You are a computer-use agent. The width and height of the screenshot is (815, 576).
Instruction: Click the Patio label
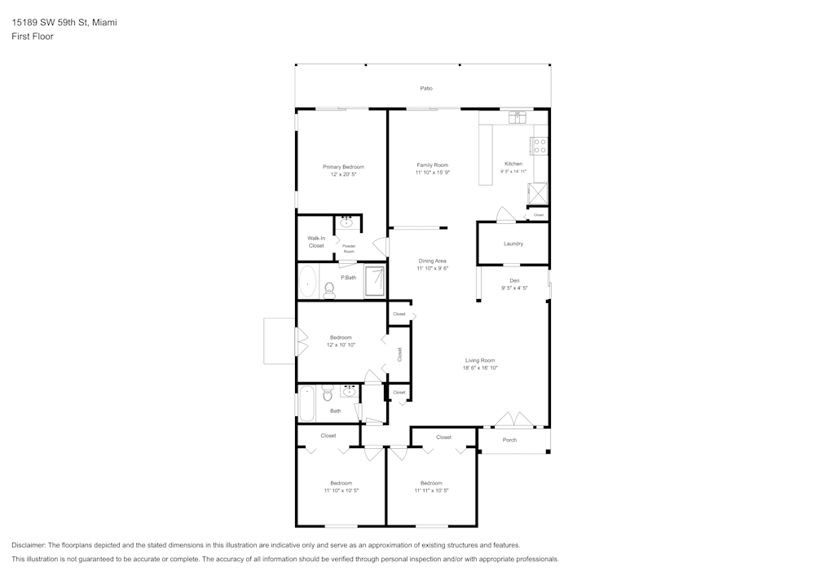tap(426, 88)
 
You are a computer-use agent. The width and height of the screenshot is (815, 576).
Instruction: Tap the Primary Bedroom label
tap(343, 166)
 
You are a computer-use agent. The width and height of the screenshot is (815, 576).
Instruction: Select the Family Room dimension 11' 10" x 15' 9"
tap(433, 173)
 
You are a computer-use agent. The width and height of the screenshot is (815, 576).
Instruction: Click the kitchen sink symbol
tap(516, 118)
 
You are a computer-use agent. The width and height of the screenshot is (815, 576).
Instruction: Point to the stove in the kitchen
tap(540, 146)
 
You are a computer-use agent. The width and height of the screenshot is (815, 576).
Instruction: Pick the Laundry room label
tap(513, 244)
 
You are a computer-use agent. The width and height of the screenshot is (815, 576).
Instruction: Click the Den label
tap(514, 280)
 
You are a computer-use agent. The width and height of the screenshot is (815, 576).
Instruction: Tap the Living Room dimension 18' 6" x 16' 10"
tap(480, 368)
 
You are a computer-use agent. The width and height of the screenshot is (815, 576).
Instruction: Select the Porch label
tap(509, 440)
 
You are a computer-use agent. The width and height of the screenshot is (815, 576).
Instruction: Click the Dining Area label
tap(433, 261)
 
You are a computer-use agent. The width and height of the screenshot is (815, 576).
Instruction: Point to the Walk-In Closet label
tap(316, 241)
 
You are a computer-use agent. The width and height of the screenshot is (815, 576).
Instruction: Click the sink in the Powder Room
tap(347, 222)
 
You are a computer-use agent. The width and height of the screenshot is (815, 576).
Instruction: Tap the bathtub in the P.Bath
tap(307, 282)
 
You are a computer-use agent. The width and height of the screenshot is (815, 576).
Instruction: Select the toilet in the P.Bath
tap(329, 288)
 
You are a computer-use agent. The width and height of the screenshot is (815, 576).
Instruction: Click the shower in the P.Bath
tap(375, 282)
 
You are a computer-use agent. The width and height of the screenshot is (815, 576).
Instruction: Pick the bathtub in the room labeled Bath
tap(307, 403)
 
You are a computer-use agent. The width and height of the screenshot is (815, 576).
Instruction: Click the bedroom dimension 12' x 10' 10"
tap(341, 345)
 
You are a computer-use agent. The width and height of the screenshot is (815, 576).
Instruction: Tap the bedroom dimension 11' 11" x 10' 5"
tap(431, 490)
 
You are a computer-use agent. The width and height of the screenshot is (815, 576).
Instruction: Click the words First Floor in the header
tap(33, 37)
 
